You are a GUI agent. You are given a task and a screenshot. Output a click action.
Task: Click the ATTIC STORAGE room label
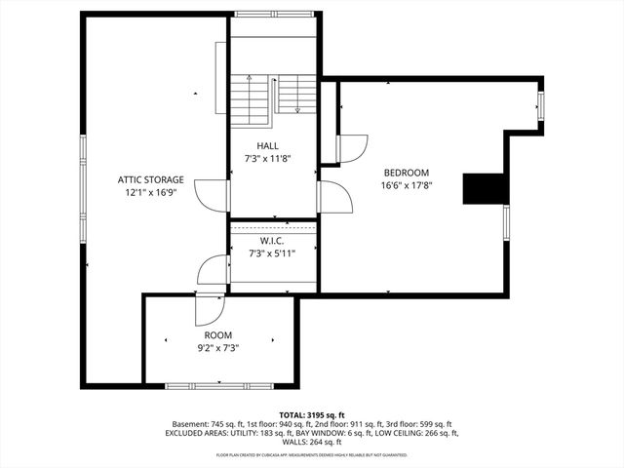click(150, 179)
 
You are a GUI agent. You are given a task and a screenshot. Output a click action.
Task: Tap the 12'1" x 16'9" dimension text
click(150, 193)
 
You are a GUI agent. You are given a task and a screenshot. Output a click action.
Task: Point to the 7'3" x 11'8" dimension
click(267, 158)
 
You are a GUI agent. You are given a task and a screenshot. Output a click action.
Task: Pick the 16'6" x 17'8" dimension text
click(406, 184)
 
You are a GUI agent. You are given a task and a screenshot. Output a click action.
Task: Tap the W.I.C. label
click(272, 241)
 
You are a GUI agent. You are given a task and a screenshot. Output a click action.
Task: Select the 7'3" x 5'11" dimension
click(272, 253)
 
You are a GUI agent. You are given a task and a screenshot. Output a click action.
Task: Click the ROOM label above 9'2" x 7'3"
click(217, 334)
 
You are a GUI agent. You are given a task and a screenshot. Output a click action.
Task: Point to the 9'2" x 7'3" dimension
click(217, 347)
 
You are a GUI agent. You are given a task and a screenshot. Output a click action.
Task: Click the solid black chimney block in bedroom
click(482, 189)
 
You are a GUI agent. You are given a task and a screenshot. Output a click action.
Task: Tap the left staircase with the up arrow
click(248, 99)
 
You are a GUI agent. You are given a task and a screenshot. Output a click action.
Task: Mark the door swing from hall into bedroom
click(334, 197)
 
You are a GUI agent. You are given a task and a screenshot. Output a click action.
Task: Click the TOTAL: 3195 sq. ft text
click(311, 414)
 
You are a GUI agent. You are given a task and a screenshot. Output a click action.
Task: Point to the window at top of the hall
click(272, 14)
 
